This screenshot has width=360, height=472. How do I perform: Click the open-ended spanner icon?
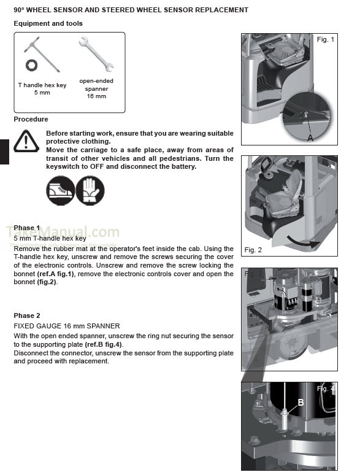point(96,54)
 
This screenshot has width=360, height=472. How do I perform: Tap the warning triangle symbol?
point(26,142)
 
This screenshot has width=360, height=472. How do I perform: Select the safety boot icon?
point(60,190)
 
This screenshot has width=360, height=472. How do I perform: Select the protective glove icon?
point(90,190)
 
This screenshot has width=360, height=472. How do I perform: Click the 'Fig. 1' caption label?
point(326,40)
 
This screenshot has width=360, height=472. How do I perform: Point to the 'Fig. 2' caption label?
point(253,250)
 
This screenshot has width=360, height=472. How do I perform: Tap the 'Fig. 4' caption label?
point(326,389)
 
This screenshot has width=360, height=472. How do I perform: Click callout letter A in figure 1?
point(310,138)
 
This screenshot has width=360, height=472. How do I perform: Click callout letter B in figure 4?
point(301,403)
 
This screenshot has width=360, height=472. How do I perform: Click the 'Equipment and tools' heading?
point(48,23)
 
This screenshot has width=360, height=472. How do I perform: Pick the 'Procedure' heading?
point(31,119)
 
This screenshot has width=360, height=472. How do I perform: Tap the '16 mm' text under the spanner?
point(96,96)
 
